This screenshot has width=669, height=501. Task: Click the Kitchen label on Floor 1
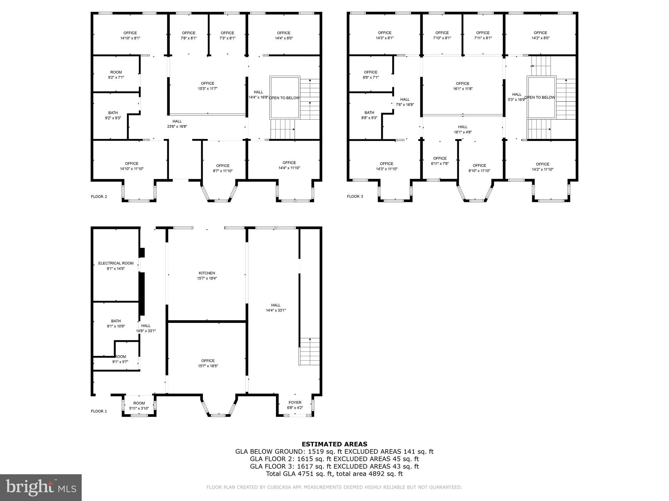207,276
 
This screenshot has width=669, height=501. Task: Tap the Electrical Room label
116,266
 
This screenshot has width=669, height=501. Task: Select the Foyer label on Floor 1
295,405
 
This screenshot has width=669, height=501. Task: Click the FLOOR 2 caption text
99,197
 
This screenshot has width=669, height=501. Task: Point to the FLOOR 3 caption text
355,196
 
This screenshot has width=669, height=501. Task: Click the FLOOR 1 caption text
99,411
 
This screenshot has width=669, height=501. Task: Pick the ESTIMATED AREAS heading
334,444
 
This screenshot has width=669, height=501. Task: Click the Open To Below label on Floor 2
284,98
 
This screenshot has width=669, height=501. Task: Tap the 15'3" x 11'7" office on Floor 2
207,86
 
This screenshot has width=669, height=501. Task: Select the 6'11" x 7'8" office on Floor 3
440,161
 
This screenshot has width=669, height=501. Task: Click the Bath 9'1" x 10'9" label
116,323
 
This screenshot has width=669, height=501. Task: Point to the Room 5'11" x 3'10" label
139,405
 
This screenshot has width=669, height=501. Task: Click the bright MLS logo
41,487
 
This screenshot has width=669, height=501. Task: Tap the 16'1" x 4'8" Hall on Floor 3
463,129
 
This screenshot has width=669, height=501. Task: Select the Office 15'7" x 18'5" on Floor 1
208,363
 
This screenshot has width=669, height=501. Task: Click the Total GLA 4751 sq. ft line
334,474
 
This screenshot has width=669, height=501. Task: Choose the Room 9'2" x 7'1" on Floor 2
116,75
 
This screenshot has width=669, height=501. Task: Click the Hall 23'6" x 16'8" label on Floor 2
177,124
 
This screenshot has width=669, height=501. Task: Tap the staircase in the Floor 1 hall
309,351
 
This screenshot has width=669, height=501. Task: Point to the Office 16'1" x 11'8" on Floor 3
463,86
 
